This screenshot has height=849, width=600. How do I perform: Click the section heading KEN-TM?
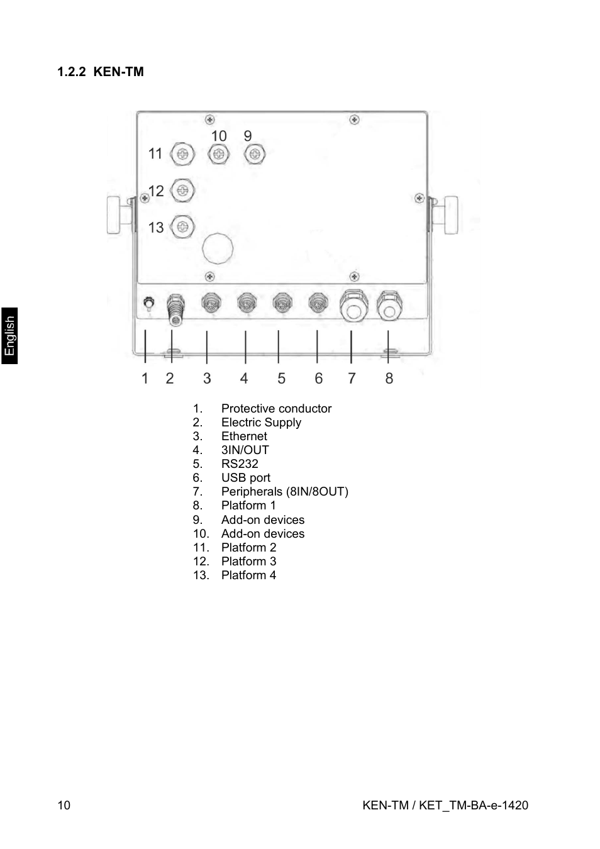coord(101,72)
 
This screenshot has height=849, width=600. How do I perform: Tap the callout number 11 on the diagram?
coord(155,153)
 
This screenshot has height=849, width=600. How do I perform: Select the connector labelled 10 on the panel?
coord(219,154)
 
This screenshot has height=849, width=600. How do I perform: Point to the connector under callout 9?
coord(255,154)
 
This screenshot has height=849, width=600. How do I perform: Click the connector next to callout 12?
coord(182,191)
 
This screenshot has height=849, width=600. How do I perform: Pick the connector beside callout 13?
coord(182,226)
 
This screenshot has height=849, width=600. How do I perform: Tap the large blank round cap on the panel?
coord(218,248)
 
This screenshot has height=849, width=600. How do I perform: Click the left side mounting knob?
coord(116,215)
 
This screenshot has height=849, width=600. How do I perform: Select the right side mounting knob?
coord(450,215)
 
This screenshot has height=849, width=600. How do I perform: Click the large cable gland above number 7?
coord(353,306)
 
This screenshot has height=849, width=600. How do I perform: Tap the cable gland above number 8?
coord(389,306)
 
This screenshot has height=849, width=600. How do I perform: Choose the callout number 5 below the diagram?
coord(281,378)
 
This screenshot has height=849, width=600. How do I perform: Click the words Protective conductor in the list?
coord(276,409)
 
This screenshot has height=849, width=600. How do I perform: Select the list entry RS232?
coord(240,464)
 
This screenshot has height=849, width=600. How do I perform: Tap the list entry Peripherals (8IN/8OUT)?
coord(284,492)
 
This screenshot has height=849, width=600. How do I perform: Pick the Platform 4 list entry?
coord(248,575)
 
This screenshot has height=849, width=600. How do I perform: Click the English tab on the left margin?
coord(9,336)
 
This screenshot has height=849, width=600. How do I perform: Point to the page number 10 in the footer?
coord(64,806)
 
